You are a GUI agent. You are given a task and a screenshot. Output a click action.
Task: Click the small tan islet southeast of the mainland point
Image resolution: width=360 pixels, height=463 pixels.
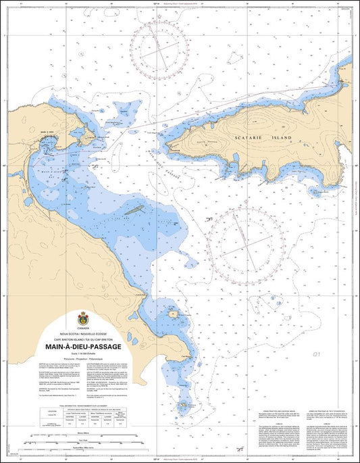click(x=173, y=295)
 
